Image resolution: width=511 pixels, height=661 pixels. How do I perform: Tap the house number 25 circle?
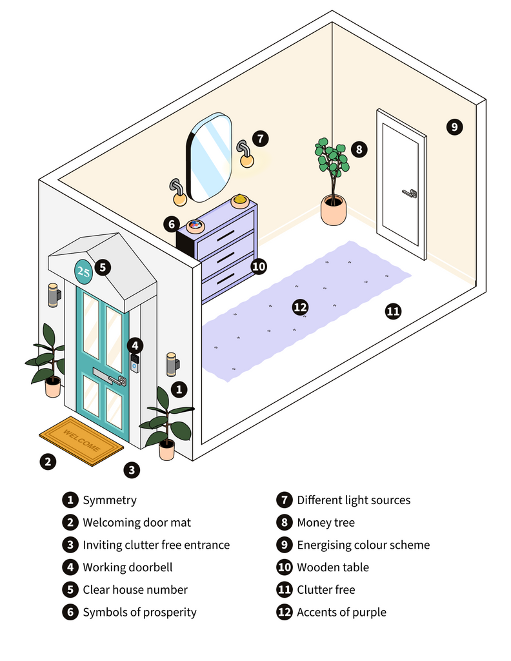(84, 271)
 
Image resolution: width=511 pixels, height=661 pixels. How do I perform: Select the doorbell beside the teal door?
(135, 363)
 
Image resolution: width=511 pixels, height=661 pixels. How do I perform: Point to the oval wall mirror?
(209, 158)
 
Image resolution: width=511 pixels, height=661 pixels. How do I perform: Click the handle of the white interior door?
(409, 192)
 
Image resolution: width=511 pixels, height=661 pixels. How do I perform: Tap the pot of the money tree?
(334, 211)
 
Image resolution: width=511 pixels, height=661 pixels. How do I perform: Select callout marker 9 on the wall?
(454, 127)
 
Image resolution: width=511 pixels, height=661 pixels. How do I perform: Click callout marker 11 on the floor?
(393, 312)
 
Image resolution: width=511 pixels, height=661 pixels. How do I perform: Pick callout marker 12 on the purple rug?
(300, 307)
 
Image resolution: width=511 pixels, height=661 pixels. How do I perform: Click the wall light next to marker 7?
(246, 156)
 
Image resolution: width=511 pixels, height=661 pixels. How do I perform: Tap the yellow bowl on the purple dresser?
(240, 201)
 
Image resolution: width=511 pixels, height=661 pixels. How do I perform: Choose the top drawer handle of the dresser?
(226, 238)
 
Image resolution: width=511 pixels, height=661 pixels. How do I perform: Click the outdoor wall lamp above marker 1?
(172, 364)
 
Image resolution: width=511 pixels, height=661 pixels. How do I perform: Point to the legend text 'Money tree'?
(326, 522)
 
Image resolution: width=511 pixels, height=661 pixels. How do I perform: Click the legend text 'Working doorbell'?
(128, 567)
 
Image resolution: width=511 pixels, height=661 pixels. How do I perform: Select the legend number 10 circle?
(285, 567)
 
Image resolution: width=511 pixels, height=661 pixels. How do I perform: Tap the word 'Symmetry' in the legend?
(110, 500)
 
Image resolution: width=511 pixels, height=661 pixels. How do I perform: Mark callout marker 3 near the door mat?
(132, 470)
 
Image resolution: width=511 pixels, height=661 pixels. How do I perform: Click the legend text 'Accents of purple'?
(341, 612)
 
